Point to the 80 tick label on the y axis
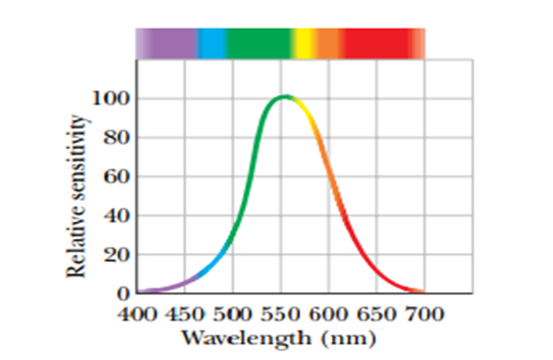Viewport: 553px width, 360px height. coord(116,138)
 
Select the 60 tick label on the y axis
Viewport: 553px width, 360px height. coord(116,177)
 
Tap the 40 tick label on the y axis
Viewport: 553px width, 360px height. coord(116,215)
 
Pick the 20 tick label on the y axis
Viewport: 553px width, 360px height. coord(116,254)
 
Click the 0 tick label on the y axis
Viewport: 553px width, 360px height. coord(123,293)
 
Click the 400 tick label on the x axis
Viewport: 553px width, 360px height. coord(137,315)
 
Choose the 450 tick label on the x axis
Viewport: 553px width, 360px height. coord(185,315)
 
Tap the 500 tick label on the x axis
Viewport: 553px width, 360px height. coord(233,315)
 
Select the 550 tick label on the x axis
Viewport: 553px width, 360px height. coord(281,315)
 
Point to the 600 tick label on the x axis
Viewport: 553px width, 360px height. coord(329,315)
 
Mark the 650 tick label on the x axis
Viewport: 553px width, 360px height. coord(377,315)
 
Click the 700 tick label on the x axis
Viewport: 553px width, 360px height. coord(424,315)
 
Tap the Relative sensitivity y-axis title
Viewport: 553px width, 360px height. coord(78,197)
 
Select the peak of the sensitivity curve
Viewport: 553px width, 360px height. coord(284,97)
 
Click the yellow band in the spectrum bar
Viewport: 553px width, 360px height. coord(304,43)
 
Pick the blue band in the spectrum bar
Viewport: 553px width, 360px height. coord(211,43)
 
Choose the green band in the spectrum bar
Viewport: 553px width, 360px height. coord(258,43)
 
